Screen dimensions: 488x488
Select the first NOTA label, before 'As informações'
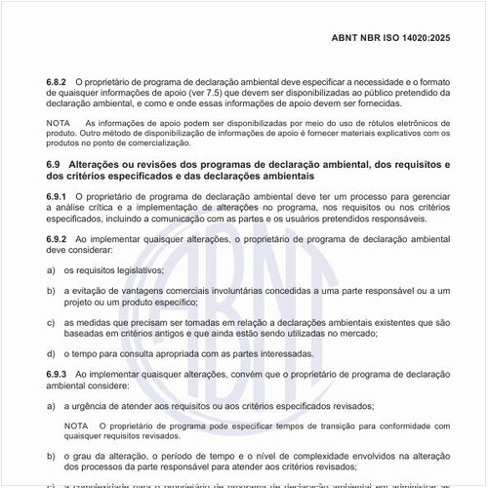click(x=59, y=124)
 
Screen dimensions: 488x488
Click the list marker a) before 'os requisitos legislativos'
click(x=50, y=269)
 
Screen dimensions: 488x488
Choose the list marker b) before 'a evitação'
click(x=50, y=290)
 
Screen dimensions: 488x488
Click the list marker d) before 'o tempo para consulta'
click(x=50, y=353)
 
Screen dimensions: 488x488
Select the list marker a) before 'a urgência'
click(x=50, y=405)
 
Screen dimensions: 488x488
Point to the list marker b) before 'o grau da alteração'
click(x=50, y=457)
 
